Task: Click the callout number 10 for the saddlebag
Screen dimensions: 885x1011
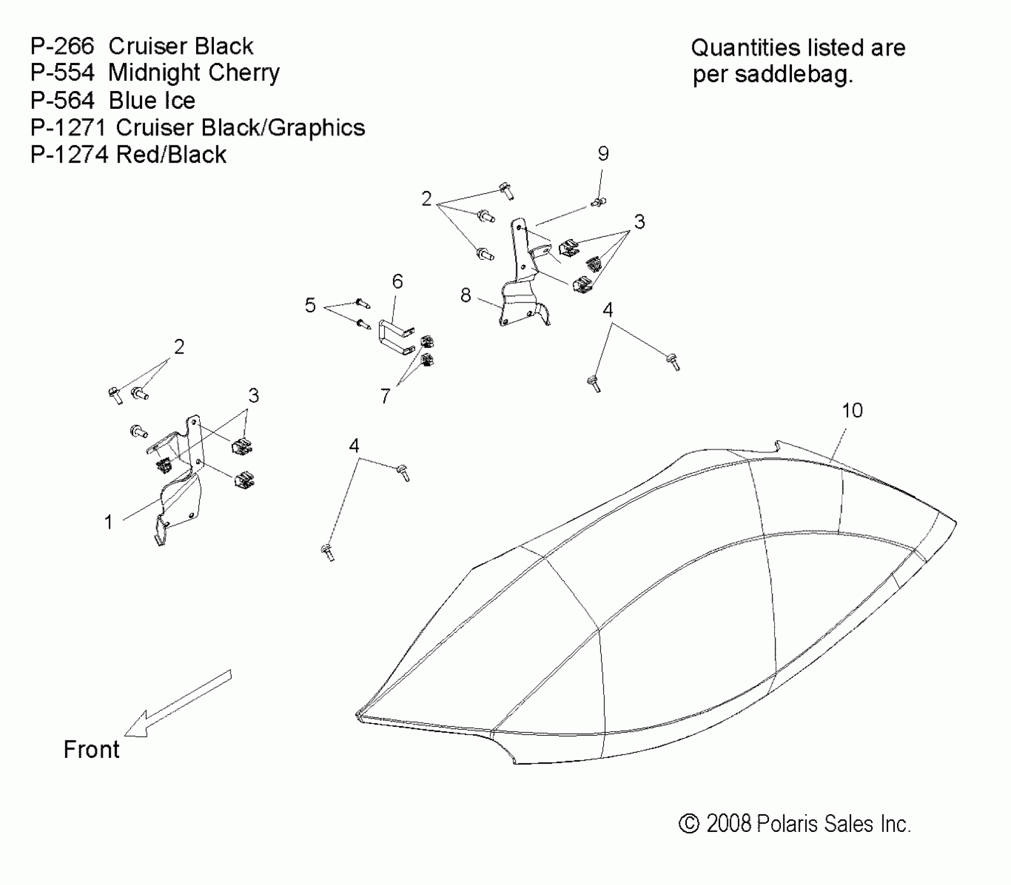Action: coord(852,411)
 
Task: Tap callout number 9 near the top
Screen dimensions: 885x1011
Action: coord(603,154)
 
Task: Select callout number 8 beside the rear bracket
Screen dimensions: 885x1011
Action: coord(466,296)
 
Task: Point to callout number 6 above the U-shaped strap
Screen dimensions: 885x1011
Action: coord(398,282)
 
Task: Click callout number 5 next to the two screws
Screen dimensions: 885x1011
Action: coord(310,306)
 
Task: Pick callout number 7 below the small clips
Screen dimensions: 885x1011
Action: coord(385,397)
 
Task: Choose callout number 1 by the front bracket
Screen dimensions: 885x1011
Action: coord(108,522)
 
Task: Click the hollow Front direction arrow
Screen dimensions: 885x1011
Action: coord(177,703)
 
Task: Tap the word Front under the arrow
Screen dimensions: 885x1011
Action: coord(92,750)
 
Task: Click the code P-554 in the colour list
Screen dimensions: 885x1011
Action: coord(62,73)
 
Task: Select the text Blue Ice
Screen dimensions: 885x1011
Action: coord(152,100)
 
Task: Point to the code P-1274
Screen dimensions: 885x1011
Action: coord(69,155)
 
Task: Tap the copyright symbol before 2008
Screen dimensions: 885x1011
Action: coord(689,824)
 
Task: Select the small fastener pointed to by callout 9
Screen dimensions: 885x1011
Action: coord(599,201)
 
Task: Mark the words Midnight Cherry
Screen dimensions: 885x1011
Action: coord(194,73)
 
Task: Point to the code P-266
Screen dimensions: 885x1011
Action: coord(62,46)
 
